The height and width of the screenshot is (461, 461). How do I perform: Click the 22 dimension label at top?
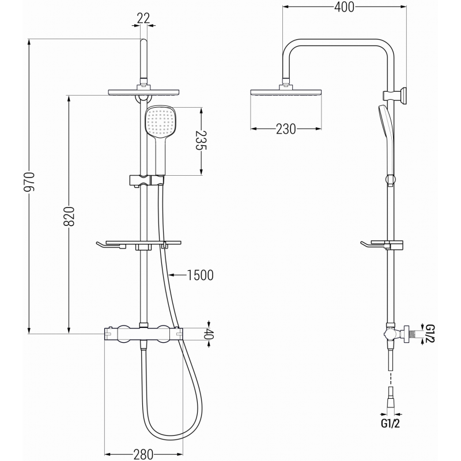point(143,18)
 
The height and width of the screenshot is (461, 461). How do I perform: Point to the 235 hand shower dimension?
point(201,140)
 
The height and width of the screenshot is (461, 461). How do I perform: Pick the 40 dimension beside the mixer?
point(209,334)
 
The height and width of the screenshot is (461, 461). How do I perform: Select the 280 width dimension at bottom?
point(143,454)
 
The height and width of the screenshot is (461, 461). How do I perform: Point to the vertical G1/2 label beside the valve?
point(429,334)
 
